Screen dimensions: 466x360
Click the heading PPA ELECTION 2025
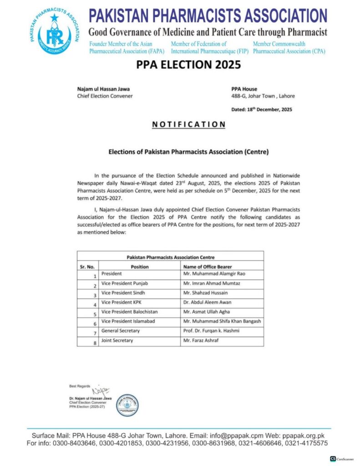pos(188,65)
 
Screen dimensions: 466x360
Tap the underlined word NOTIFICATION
pos(188,124)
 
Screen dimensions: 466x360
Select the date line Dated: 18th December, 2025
pos(262,109)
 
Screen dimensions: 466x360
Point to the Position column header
pos(139,267)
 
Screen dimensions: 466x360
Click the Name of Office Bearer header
pos(207,267)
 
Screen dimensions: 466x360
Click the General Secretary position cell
pos(121,331)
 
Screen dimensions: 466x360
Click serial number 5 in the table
pos(95,314)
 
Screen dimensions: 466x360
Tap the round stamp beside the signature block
pos(127,405)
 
